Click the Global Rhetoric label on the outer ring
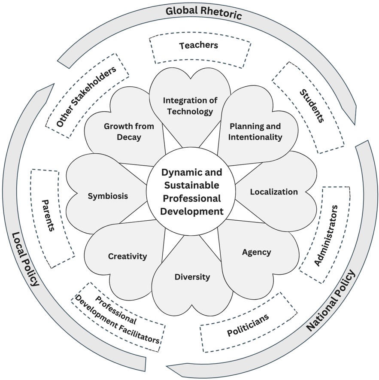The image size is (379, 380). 204,12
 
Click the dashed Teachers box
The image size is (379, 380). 198,46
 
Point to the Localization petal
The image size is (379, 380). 273,192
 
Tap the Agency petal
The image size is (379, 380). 256,252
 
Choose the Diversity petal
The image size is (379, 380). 192,277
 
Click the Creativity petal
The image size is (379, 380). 127,256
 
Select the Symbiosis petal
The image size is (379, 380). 108,196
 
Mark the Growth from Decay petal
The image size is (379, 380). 123,131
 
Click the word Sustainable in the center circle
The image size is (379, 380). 191,185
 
